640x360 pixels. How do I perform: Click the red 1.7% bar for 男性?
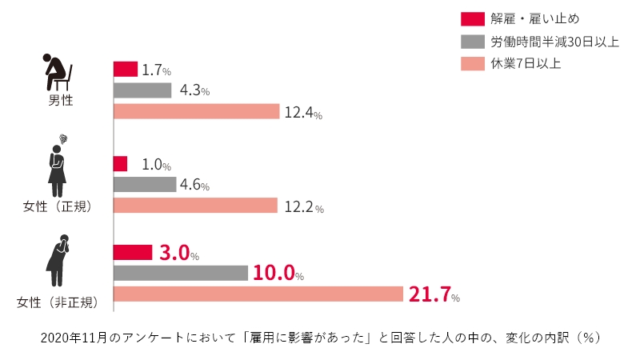(126, 69)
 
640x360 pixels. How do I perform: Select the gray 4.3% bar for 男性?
(142, 90)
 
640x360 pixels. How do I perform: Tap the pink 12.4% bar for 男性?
(196, 111)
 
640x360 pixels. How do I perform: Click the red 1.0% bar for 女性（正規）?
(121, 164)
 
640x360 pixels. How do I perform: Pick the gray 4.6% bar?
(145, 185)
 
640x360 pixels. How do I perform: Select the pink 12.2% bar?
(195, 206)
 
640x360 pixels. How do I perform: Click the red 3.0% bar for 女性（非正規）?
(133, 252)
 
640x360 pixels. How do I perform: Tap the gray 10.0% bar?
(181, 273)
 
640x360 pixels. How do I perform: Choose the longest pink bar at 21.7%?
(258, 294)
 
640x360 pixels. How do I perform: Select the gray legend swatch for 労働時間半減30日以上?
(474, 41)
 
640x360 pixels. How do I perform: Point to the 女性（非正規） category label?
(58, 302)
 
